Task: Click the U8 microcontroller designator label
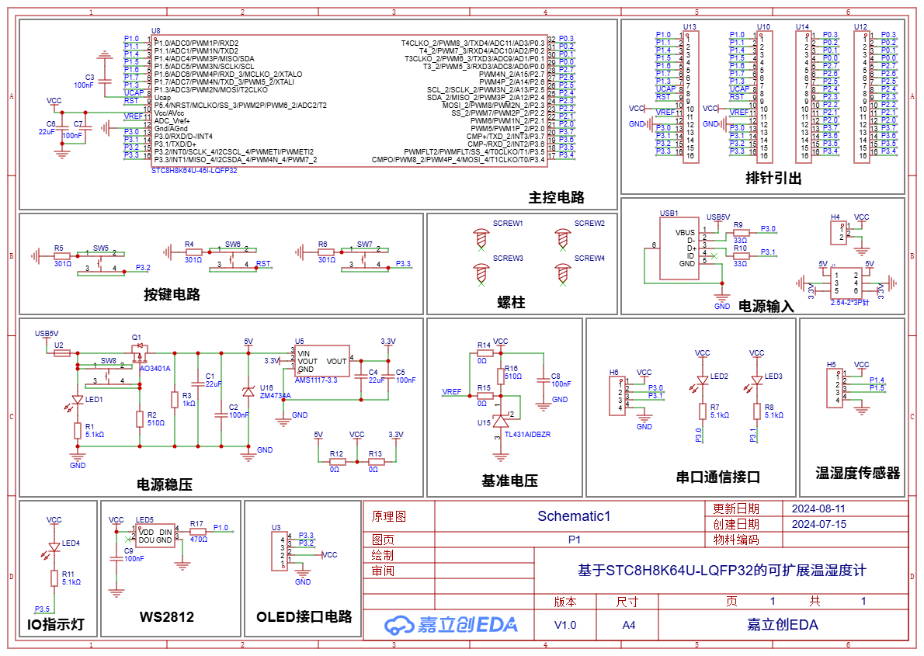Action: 156,30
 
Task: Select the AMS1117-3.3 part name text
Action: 316,380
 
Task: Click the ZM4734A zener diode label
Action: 275,395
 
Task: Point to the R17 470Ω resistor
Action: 198,532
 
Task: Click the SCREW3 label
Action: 508,258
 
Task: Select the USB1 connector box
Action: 678,248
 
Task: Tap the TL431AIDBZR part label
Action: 527,435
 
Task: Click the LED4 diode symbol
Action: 54,547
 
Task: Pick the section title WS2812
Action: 167,617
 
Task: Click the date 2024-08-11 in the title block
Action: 818,508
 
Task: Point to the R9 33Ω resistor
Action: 741,231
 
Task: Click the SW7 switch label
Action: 365,244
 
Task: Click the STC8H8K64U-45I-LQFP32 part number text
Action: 194,170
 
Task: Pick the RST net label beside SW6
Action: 264,264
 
